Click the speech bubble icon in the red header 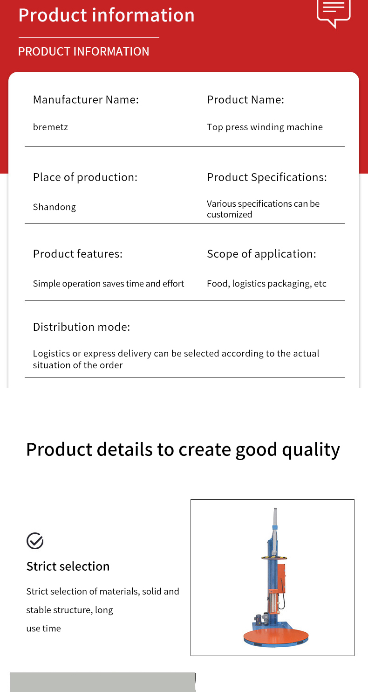[x=334, y=13]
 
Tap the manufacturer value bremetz [x=50, y=127]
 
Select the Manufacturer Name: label [x=86, y=99]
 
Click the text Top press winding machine [x=265, y=127]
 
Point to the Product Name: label [x=245, y=99]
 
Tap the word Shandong [x=55, y=207]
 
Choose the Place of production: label [x=85, y=177]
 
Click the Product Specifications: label [x=267, y=177]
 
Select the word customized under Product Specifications [x=230, y=214]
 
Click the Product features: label [x=78, y=254]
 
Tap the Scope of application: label [x=262, y=254]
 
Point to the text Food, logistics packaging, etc [x=266, y=284]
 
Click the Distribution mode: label [x=82, y=327]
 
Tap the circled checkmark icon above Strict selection [x=35, y=541]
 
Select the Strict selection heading [x=68, y=566]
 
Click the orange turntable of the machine [x=276, y=636]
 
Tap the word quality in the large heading [x=311, y=450]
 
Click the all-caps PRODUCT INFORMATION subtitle [x=83, y=51]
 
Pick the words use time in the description [x=43, y=629]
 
